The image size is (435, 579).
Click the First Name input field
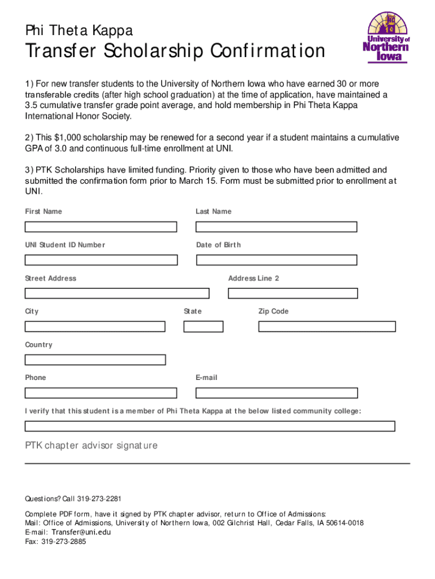tap(101, 227)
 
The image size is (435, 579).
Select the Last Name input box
tap(276, 227)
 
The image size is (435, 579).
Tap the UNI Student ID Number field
tap(101, 260)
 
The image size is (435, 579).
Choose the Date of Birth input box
tap(276, 260)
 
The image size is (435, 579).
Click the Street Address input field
tap(117, 293)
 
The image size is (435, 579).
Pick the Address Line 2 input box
tap(293, 293)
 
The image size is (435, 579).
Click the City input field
tap(95, 327)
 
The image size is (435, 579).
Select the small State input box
tap(203, 327)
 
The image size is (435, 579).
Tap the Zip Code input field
tap(327, 327)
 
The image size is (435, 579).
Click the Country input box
tap(95, 360)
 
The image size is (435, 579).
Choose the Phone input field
tap(101, 393)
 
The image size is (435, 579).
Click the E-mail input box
tap(276, 393)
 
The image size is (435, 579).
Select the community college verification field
tap(210, 426)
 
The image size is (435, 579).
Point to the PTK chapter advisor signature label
tap(91, 446)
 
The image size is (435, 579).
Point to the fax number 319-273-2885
tap(64, 541)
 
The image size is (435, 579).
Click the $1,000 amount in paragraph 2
tap(68, 138)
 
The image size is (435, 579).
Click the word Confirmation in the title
tap(268, 52)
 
